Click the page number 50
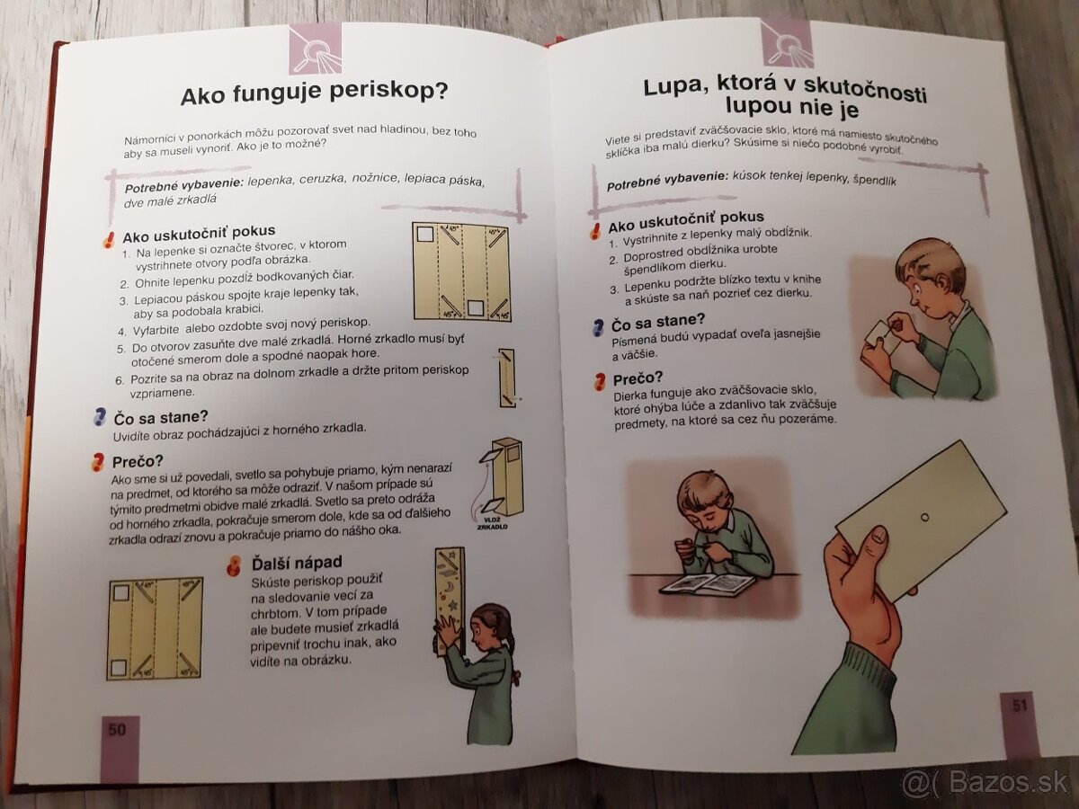point(117,730)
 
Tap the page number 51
point(1020,706)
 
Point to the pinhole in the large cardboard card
point(924,517)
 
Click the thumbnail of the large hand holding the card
point(878,538)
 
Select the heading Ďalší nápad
point(297,563)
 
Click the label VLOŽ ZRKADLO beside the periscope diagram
point(492,523)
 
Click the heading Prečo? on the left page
point(138,462)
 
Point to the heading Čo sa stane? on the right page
point(657,322)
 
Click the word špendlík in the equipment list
point(875,181)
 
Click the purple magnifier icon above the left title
point(315,49)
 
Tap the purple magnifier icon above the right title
point(787,43)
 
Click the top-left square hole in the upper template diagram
point(424,234)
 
